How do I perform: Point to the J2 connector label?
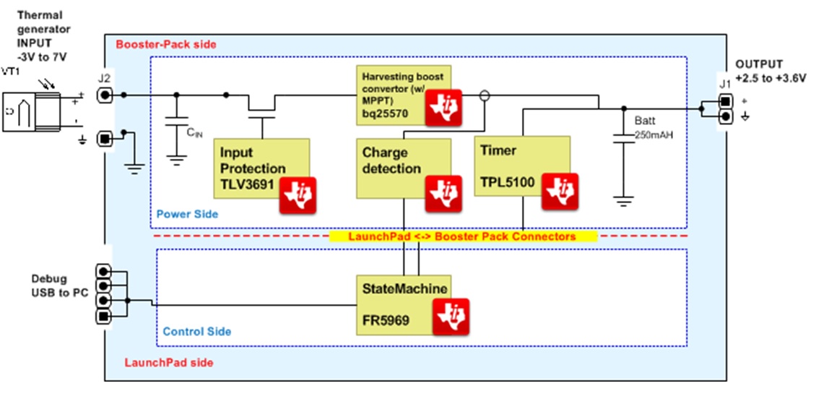[x=104, y=78]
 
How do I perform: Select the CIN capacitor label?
[x=193, y=132]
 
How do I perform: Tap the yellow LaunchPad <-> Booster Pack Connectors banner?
[x=463, y=236]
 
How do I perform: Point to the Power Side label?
[x=187, y=215]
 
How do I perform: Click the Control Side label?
[x=197, y=331]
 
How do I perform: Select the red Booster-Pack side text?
[x=165, y=45]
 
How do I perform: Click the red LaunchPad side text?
[x=169, y=363]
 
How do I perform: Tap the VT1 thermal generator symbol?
[x=35, y=112]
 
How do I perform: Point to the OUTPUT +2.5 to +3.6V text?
[x=771, y=71]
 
